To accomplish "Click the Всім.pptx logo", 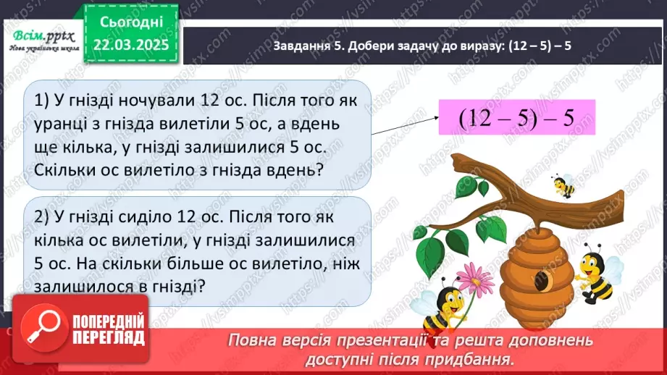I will [x=41, y=35].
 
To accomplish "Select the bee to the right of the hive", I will [x=595, y=274].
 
